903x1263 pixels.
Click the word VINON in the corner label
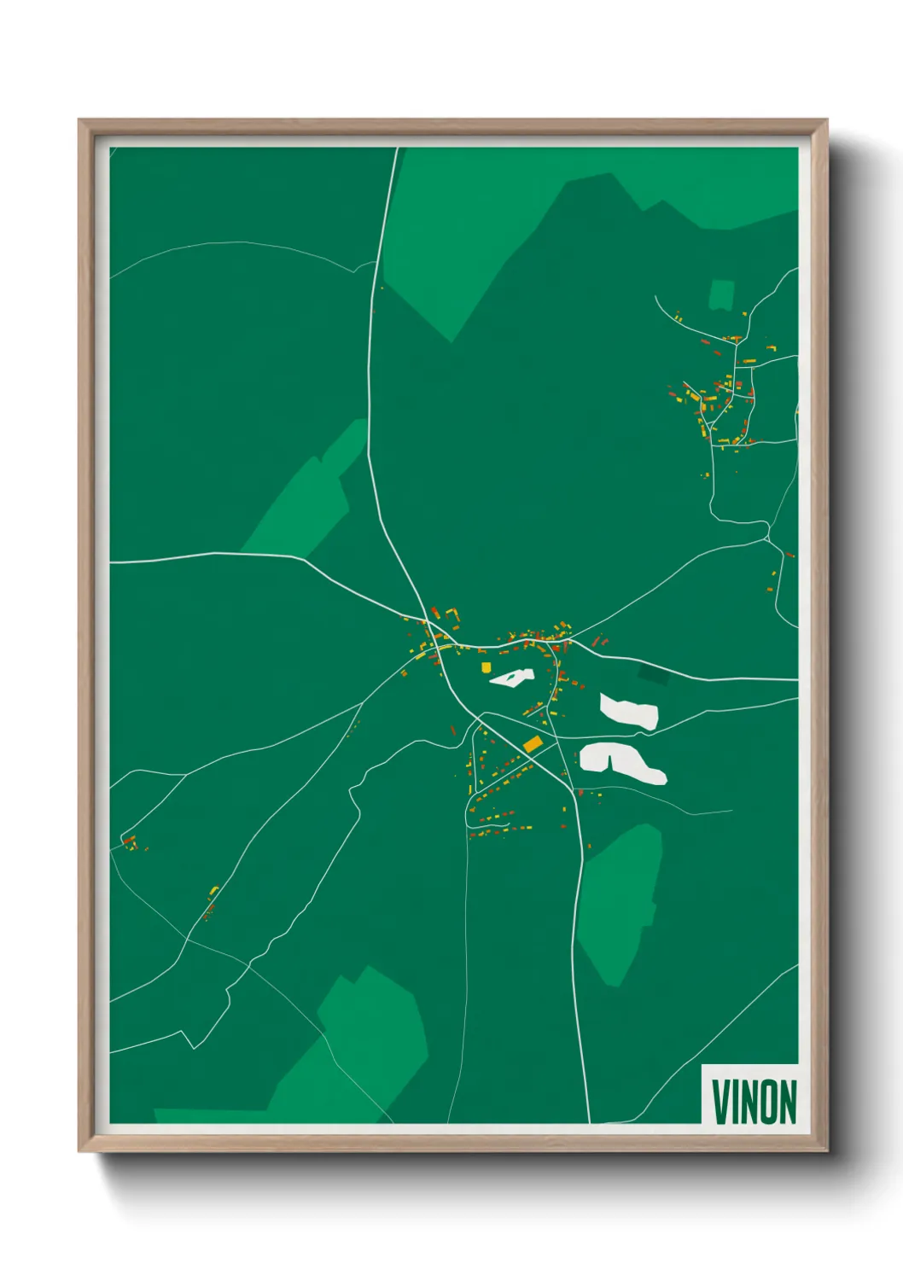754,1102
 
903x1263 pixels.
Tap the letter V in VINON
720,1102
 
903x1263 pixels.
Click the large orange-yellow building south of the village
533,744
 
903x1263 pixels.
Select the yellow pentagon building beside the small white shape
486,667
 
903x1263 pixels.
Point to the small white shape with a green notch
512,678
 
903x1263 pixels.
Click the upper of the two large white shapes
630,713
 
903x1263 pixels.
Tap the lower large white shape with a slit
623,761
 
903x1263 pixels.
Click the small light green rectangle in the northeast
721,295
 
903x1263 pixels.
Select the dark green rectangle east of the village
654,674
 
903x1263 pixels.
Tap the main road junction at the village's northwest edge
427,620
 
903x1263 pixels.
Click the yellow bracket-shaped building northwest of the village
452,613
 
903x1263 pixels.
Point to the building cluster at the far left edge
131,842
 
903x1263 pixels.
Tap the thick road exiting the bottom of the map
587,1109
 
